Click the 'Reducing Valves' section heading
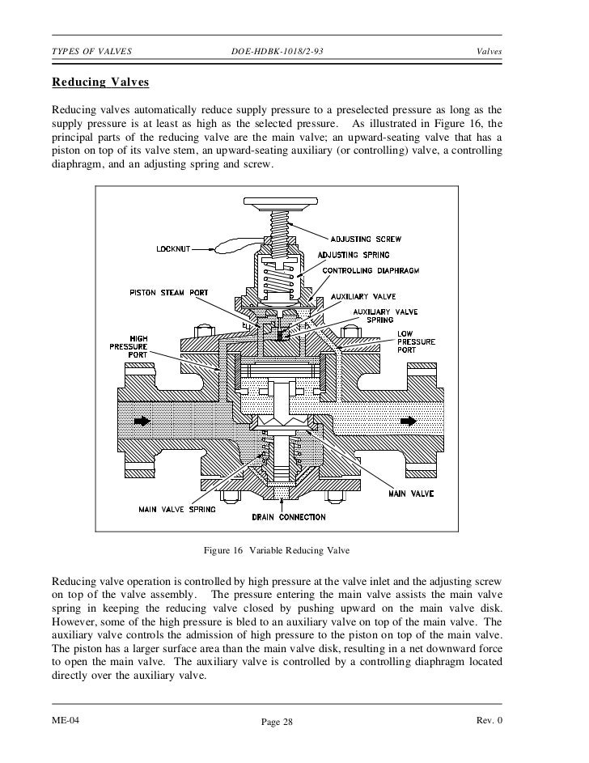100,83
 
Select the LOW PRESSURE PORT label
417,342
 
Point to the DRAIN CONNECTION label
289,517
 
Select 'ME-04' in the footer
66,720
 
